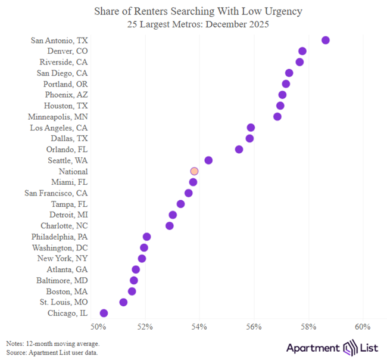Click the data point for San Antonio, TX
click(325, 40)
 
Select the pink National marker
click(194, 171)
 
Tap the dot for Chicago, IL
click(104, 313)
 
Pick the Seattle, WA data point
click(208, 160)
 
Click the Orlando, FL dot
click(239, 149)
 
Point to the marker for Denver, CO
click(302, 51)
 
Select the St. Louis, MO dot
click(123, 302)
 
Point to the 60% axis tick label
click(363, 327)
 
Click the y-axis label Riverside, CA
click(64, 62)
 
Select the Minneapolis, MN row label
click(58, 116)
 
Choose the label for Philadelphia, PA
click(60, 237)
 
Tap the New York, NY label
click(63, 258)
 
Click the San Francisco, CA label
click(56, 193)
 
